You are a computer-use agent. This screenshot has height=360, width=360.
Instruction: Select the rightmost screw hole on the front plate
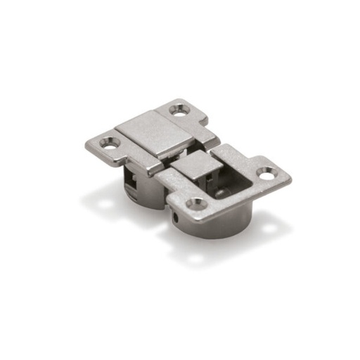tap(267, 171)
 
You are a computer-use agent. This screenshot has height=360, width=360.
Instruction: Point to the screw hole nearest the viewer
tap(196, 204)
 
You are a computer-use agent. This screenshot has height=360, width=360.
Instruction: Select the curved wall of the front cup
tap(218, 224)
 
